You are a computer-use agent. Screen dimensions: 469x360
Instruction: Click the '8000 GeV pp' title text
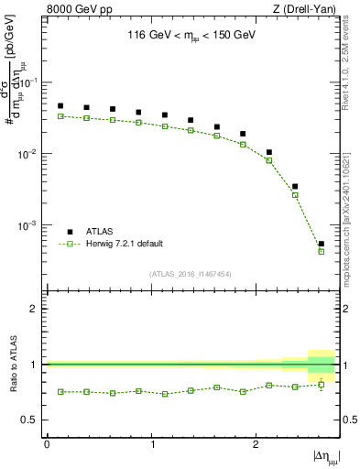79,10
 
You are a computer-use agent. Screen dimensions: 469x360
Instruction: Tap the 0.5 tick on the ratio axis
34,420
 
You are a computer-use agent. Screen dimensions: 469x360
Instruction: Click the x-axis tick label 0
47,444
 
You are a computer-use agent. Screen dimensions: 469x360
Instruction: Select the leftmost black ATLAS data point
60,105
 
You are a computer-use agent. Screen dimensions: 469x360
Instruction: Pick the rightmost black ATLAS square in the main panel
322,244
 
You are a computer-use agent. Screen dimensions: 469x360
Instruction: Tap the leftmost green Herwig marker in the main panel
60,116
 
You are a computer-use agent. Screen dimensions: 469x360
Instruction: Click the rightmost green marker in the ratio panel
322,384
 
